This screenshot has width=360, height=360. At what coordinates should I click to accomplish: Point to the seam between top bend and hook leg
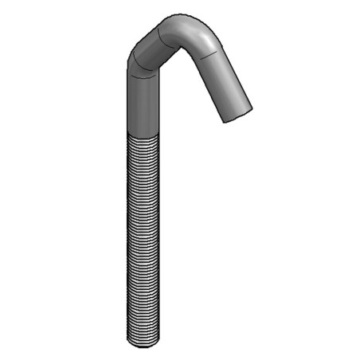(209, 54)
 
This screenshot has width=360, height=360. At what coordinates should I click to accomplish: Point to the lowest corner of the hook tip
(226, 122)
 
